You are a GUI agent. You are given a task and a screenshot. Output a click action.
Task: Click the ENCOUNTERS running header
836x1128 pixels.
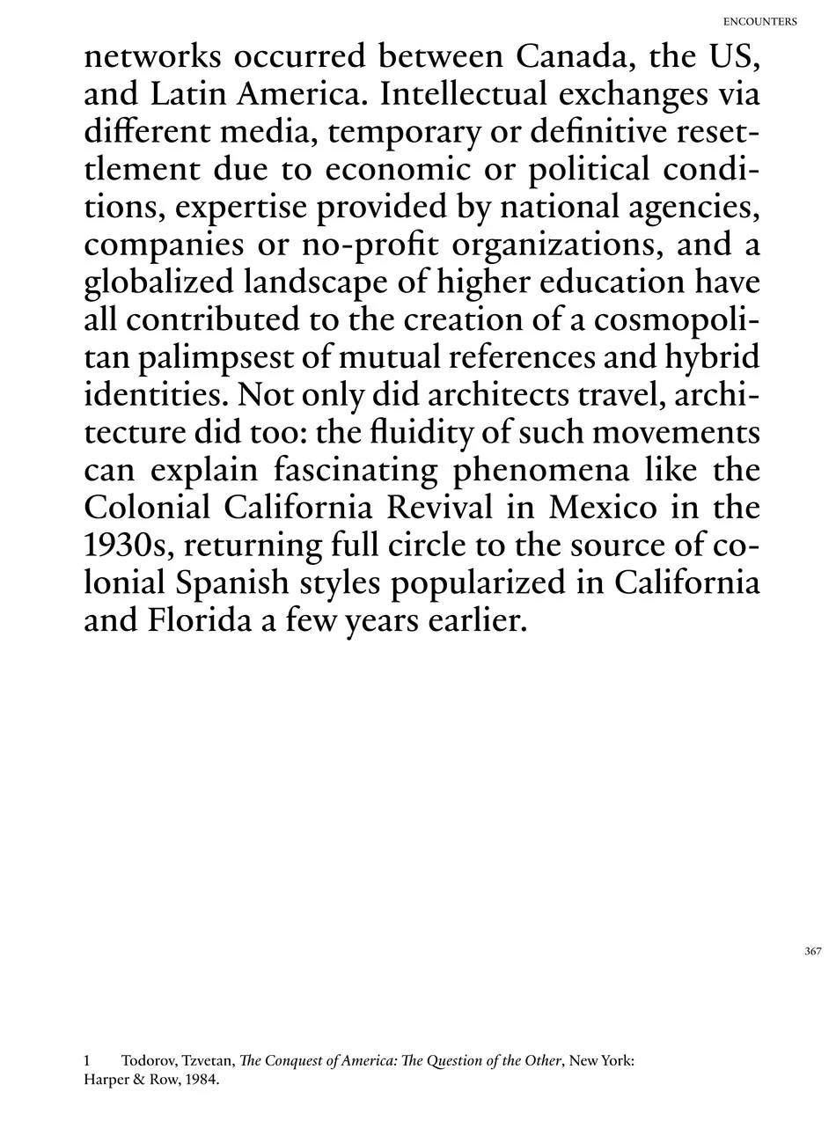759,21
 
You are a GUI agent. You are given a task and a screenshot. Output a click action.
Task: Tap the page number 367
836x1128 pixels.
812,951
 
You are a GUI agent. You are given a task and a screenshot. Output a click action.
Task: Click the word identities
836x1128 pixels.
155,395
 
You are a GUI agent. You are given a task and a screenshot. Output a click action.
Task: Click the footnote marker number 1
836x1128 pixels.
87,1061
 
